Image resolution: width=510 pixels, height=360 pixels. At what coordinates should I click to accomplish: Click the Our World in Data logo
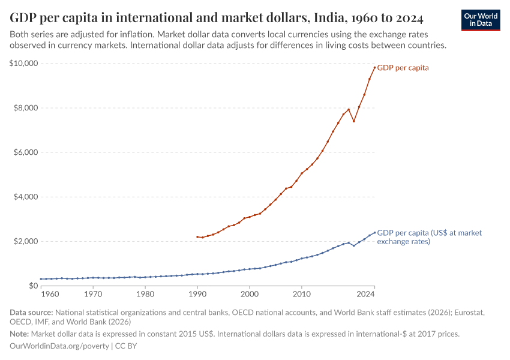point(481,20)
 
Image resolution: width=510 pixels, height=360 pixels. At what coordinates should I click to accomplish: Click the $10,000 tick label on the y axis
point(24,64)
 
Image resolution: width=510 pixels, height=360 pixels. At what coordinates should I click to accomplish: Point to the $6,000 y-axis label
point(26,152)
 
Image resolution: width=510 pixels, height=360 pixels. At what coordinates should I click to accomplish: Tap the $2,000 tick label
point(26,241)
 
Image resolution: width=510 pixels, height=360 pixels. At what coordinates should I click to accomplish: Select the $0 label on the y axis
point(33,286)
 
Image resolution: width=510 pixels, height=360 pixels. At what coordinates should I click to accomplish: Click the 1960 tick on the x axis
point(51,294)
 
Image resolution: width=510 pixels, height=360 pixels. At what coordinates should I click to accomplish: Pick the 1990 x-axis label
point(197,294)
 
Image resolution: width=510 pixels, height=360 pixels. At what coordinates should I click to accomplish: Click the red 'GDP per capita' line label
point(403,68)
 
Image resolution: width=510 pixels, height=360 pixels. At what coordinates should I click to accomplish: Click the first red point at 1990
point(197,237)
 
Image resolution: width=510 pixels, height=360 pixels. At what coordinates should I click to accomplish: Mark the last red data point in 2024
point(374,67)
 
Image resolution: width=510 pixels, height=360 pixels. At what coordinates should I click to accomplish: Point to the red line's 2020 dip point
point(354,121)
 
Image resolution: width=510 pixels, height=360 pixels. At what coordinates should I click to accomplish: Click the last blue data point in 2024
point(374,233)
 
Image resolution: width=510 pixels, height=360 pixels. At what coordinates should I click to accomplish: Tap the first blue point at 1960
point(41,279)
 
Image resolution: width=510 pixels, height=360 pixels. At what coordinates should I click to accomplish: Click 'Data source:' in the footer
point(31,313)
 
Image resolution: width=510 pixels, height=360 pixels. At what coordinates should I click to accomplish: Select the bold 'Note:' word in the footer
point(20,334)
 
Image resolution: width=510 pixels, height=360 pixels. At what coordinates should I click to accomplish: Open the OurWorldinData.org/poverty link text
point(59,346)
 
